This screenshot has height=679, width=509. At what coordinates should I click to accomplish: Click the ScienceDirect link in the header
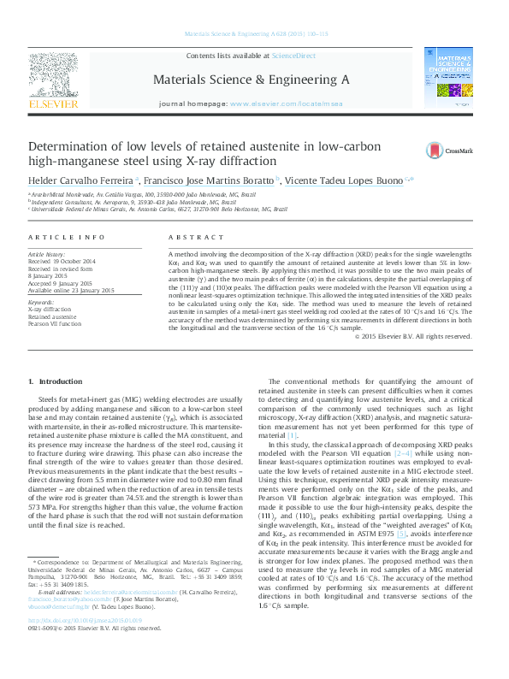[293, 56]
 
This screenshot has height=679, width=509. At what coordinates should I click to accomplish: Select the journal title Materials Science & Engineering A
[251, 79]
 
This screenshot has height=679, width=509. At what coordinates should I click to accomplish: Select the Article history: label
[48, 254]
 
